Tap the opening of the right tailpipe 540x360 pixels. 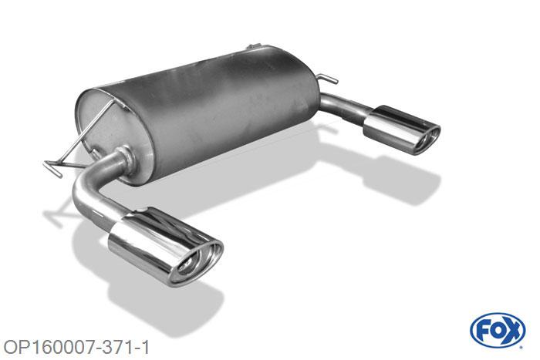tap(426, 140)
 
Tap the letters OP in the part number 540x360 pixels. tap(15, 345)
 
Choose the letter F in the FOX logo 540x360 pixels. tap(484, 331)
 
